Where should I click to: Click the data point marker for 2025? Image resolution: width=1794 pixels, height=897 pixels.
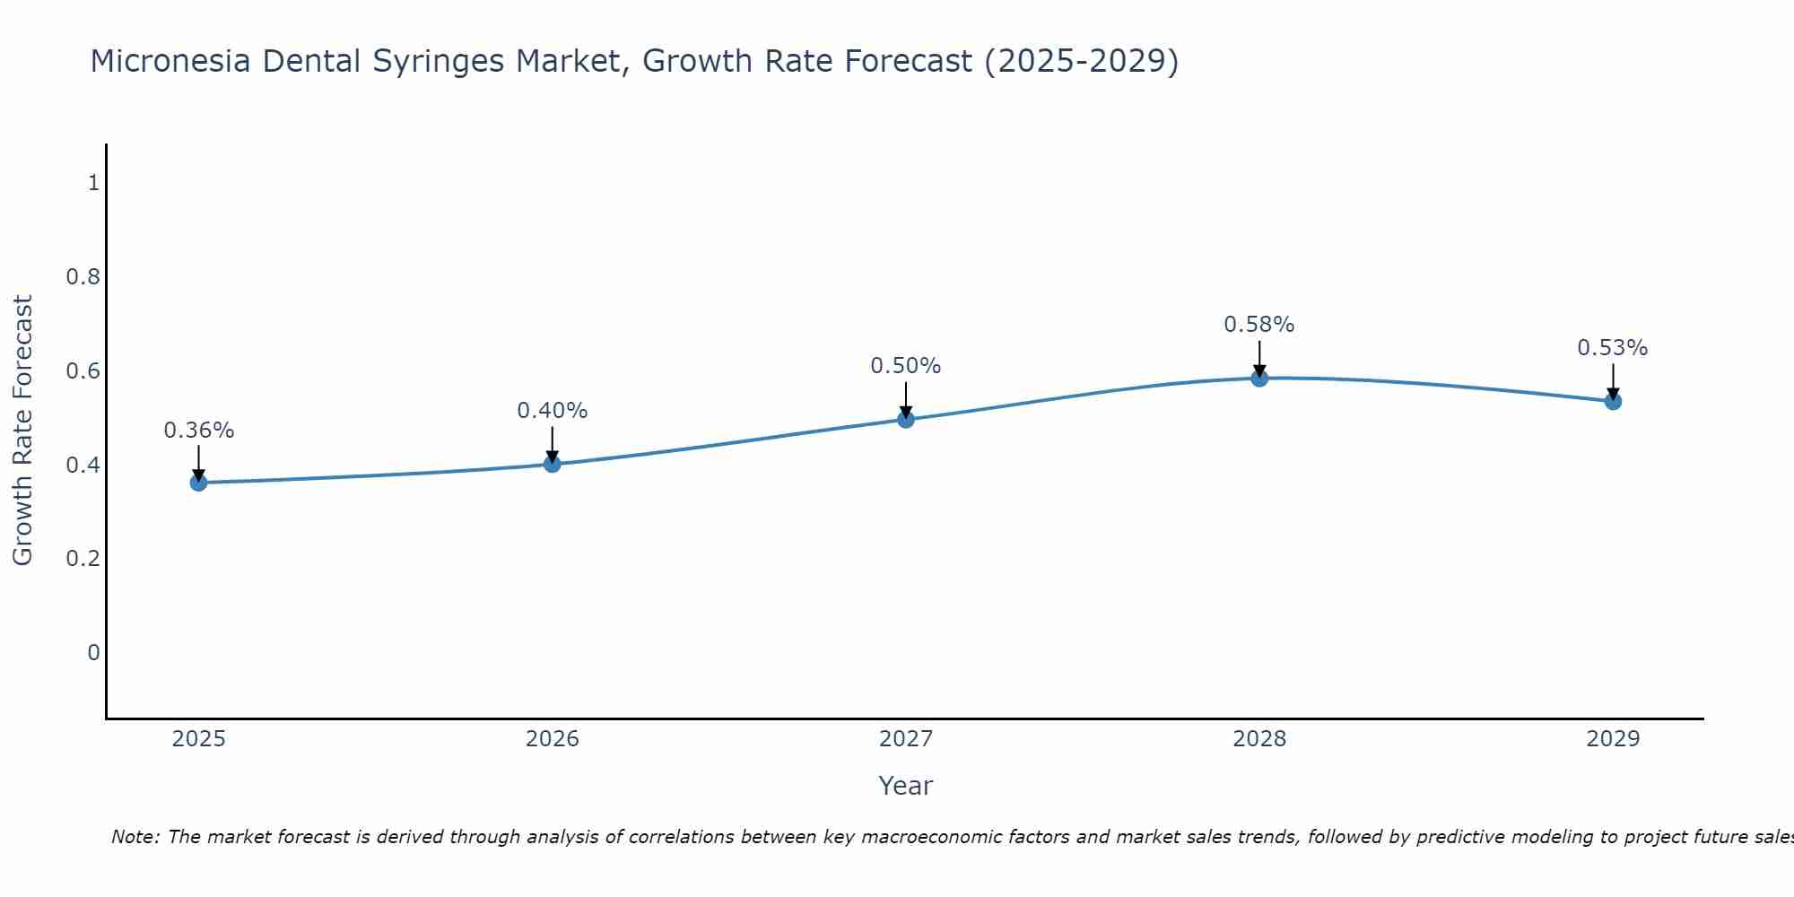[x=198, y=483]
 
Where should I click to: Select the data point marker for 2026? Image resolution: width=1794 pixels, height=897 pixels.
[x=552, y=464]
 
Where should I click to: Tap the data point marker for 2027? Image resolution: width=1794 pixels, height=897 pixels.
[x=906, y=419]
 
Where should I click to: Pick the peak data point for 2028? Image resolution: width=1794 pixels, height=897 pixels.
[x=1259, y=378]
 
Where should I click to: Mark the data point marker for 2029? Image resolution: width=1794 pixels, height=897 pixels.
[x=1613, y=401]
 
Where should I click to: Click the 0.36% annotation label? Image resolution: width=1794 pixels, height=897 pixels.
[x=198, y=431]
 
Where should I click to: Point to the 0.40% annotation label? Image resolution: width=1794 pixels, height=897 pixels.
[x=552, y=411]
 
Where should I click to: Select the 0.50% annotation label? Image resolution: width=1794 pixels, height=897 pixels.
[x=906, y=366]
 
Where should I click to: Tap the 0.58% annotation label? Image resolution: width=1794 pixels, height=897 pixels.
[x=1259, y=325]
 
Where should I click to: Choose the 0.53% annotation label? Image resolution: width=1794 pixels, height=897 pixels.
[x=1613, y=348]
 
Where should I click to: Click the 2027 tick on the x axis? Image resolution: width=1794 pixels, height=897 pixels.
[x=906, y=739]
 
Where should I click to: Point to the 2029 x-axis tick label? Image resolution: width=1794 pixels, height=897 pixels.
[x=1613, y=739]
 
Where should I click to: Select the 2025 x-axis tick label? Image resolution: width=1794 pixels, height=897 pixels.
[x=198, y=739]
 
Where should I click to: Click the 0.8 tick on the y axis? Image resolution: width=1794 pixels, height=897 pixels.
[x=83, y=277]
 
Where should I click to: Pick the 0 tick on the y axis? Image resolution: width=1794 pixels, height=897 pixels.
[x=93, y=652]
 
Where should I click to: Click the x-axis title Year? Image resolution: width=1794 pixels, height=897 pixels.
[x=906, y=786]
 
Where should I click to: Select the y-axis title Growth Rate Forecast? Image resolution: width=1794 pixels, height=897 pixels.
[x=22, y=431]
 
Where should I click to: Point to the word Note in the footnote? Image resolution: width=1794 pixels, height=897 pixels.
[x=135, y=837]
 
